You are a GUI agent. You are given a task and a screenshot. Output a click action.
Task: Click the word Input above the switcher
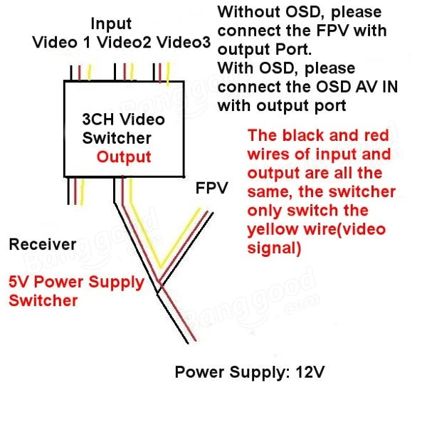(x=112, y=24)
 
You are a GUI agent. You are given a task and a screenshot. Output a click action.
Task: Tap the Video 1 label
(x=63, y=43)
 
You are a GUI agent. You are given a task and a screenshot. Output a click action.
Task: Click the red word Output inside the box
(x=124, y=157)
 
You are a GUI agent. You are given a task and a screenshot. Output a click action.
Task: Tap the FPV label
(x=211, y=189)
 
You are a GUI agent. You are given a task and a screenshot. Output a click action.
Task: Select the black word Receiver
(x=42, y=245)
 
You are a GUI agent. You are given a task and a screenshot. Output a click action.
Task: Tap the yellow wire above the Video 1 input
(x=90, y=72)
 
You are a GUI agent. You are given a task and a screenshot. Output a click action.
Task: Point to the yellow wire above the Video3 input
(x=169, y=72)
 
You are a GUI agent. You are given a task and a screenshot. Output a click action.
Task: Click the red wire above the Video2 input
(x=125, y=72)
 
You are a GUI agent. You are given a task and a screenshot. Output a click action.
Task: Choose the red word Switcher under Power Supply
(x=43, y=300)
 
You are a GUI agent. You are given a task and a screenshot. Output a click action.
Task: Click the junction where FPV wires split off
(x=159, y=285)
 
